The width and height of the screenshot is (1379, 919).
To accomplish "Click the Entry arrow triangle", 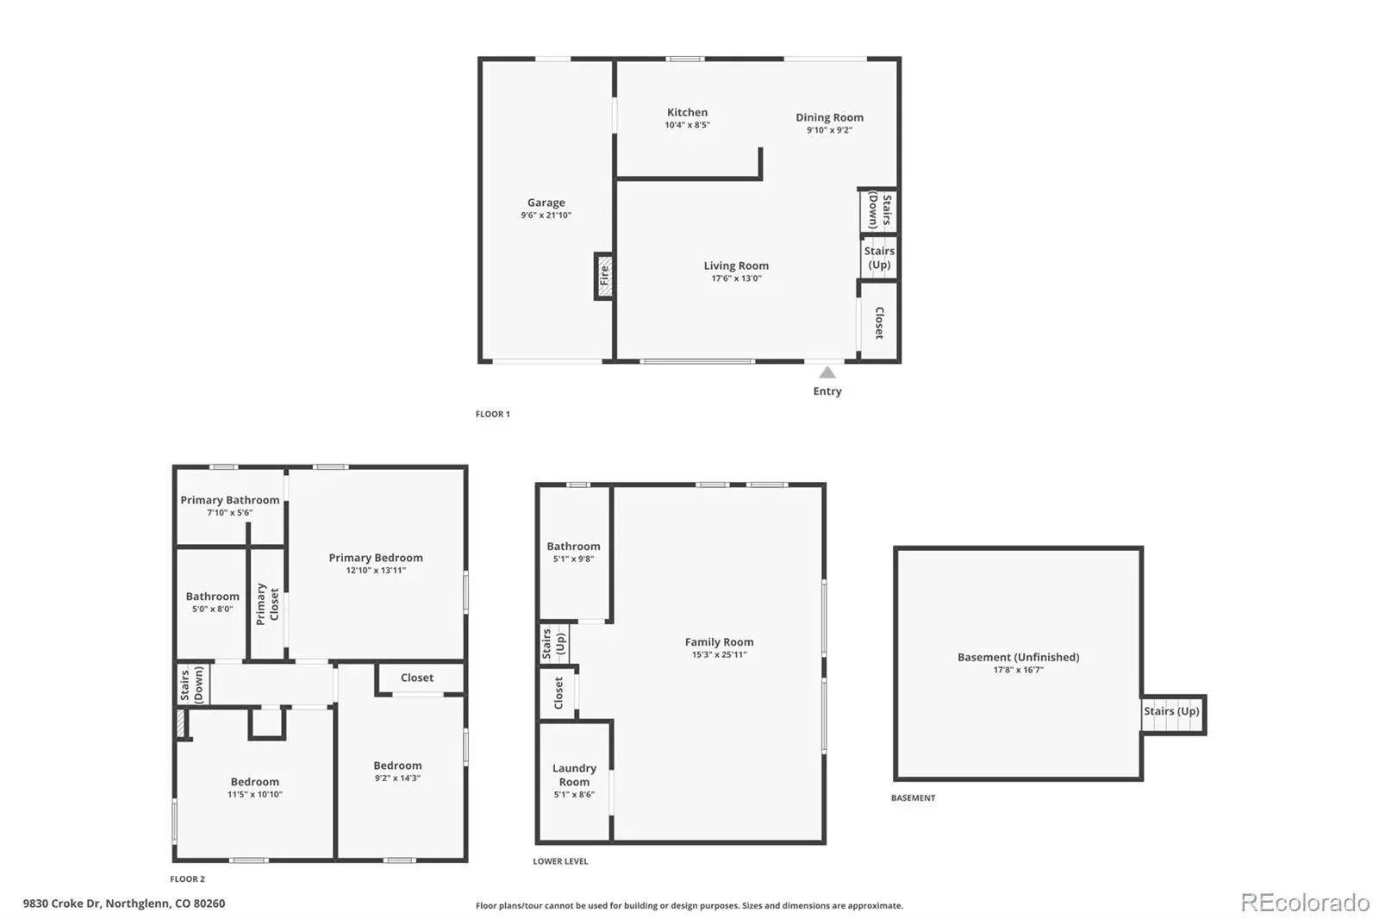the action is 827,372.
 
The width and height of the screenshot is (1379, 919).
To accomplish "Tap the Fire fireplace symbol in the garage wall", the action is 604,276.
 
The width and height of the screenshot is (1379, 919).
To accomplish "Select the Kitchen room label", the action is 687,112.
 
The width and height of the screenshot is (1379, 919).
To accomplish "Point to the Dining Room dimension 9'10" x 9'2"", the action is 829,130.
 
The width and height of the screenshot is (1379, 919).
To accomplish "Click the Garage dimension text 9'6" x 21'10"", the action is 546,215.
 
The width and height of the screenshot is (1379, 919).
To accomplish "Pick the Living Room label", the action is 736,266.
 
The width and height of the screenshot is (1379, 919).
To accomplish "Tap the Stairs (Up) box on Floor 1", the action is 878,257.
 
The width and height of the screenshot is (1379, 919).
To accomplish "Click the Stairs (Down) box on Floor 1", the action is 878,210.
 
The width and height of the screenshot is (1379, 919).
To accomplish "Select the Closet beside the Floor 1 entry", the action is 879,322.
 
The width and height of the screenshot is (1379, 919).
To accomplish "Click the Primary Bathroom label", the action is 229,499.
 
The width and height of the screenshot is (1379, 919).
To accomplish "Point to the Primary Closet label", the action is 267,603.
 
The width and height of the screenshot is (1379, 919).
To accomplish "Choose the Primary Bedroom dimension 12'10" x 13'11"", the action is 376,571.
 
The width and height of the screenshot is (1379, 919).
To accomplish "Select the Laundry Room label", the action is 574,775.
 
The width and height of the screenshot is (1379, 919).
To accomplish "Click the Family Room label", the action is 719,641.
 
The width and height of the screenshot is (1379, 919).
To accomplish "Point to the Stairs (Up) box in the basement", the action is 1172,714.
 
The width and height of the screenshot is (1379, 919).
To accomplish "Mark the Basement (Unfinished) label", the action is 1018,657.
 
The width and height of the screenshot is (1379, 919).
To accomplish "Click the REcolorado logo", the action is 1305,903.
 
